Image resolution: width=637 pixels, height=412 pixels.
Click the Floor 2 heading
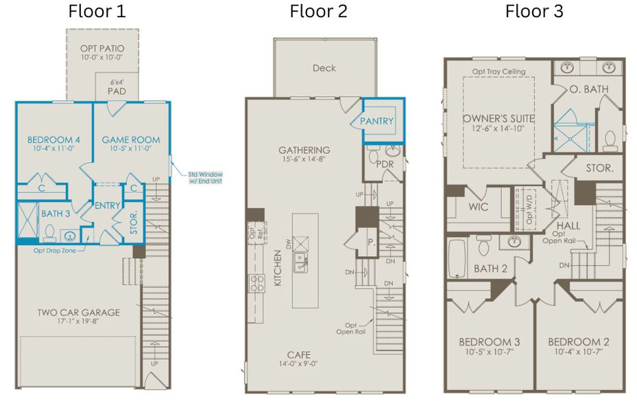(x=318, y=11)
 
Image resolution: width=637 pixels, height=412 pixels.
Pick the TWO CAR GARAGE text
(x=78, y=312)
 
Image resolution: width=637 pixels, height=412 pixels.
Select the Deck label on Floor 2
(x=324, y=68)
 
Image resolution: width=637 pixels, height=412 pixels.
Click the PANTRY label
(x=378, y=122)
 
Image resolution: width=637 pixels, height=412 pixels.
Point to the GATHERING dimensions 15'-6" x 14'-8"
(x=304, y=161)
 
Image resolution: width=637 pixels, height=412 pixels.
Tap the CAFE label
(x=299, y=355)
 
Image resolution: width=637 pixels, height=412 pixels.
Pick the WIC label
(x=479, y=207)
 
